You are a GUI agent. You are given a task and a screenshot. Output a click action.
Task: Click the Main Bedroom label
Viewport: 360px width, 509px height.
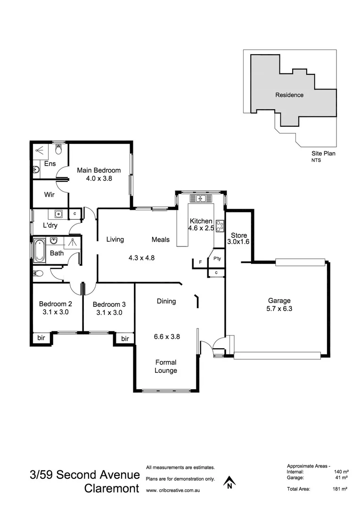click(98, 170)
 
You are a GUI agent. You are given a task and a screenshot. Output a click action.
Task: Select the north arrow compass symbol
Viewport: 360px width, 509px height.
click(229, 482)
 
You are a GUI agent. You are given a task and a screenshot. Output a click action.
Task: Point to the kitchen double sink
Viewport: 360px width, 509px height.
click(202, 198)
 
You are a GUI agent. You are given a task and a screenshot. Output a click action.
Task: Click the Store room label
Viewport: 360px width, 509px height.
click(238, 235)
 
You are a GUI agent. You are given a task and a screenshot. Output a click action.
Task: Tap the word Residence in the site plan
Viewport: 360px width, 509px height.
click(289, 95)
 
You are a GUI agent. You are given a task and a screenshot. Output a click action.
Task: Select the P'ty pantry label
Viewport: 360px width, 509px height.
click(217, 259)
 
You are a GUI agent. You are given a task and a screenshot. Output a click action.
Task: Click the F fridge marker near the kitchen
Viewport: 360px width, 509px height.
click(200, 262)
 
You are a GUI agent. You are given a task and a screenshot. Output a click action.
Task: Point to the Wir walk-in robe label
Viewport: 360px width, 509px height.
click(50, 195)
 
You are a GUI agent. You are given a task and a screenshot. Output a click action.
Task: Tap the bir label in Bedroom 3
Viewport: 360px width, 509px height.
click(125, 338)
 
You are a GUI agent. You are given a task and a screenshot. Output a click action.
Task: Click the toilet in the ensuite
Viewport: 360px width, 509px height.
click(58, 149)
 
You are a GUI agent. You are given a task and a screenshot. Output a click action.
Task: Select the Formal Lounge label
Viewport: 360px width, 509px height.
click(166, 366)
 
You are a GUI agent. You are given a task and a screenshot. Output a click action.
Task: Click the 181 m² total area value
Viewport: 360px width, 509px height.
click(339, 489)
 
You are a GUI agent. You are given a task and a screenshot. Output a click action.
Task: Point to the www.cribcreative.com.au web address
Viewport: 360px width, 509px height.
click(173, 490)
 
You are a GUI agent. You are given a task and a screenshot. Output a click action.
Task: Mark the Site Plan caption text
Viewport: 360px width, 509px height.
click(323, 153)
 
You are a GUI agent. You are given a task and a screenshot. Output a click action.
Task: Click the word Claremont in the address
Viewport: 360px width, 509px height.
click(112, 489)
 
